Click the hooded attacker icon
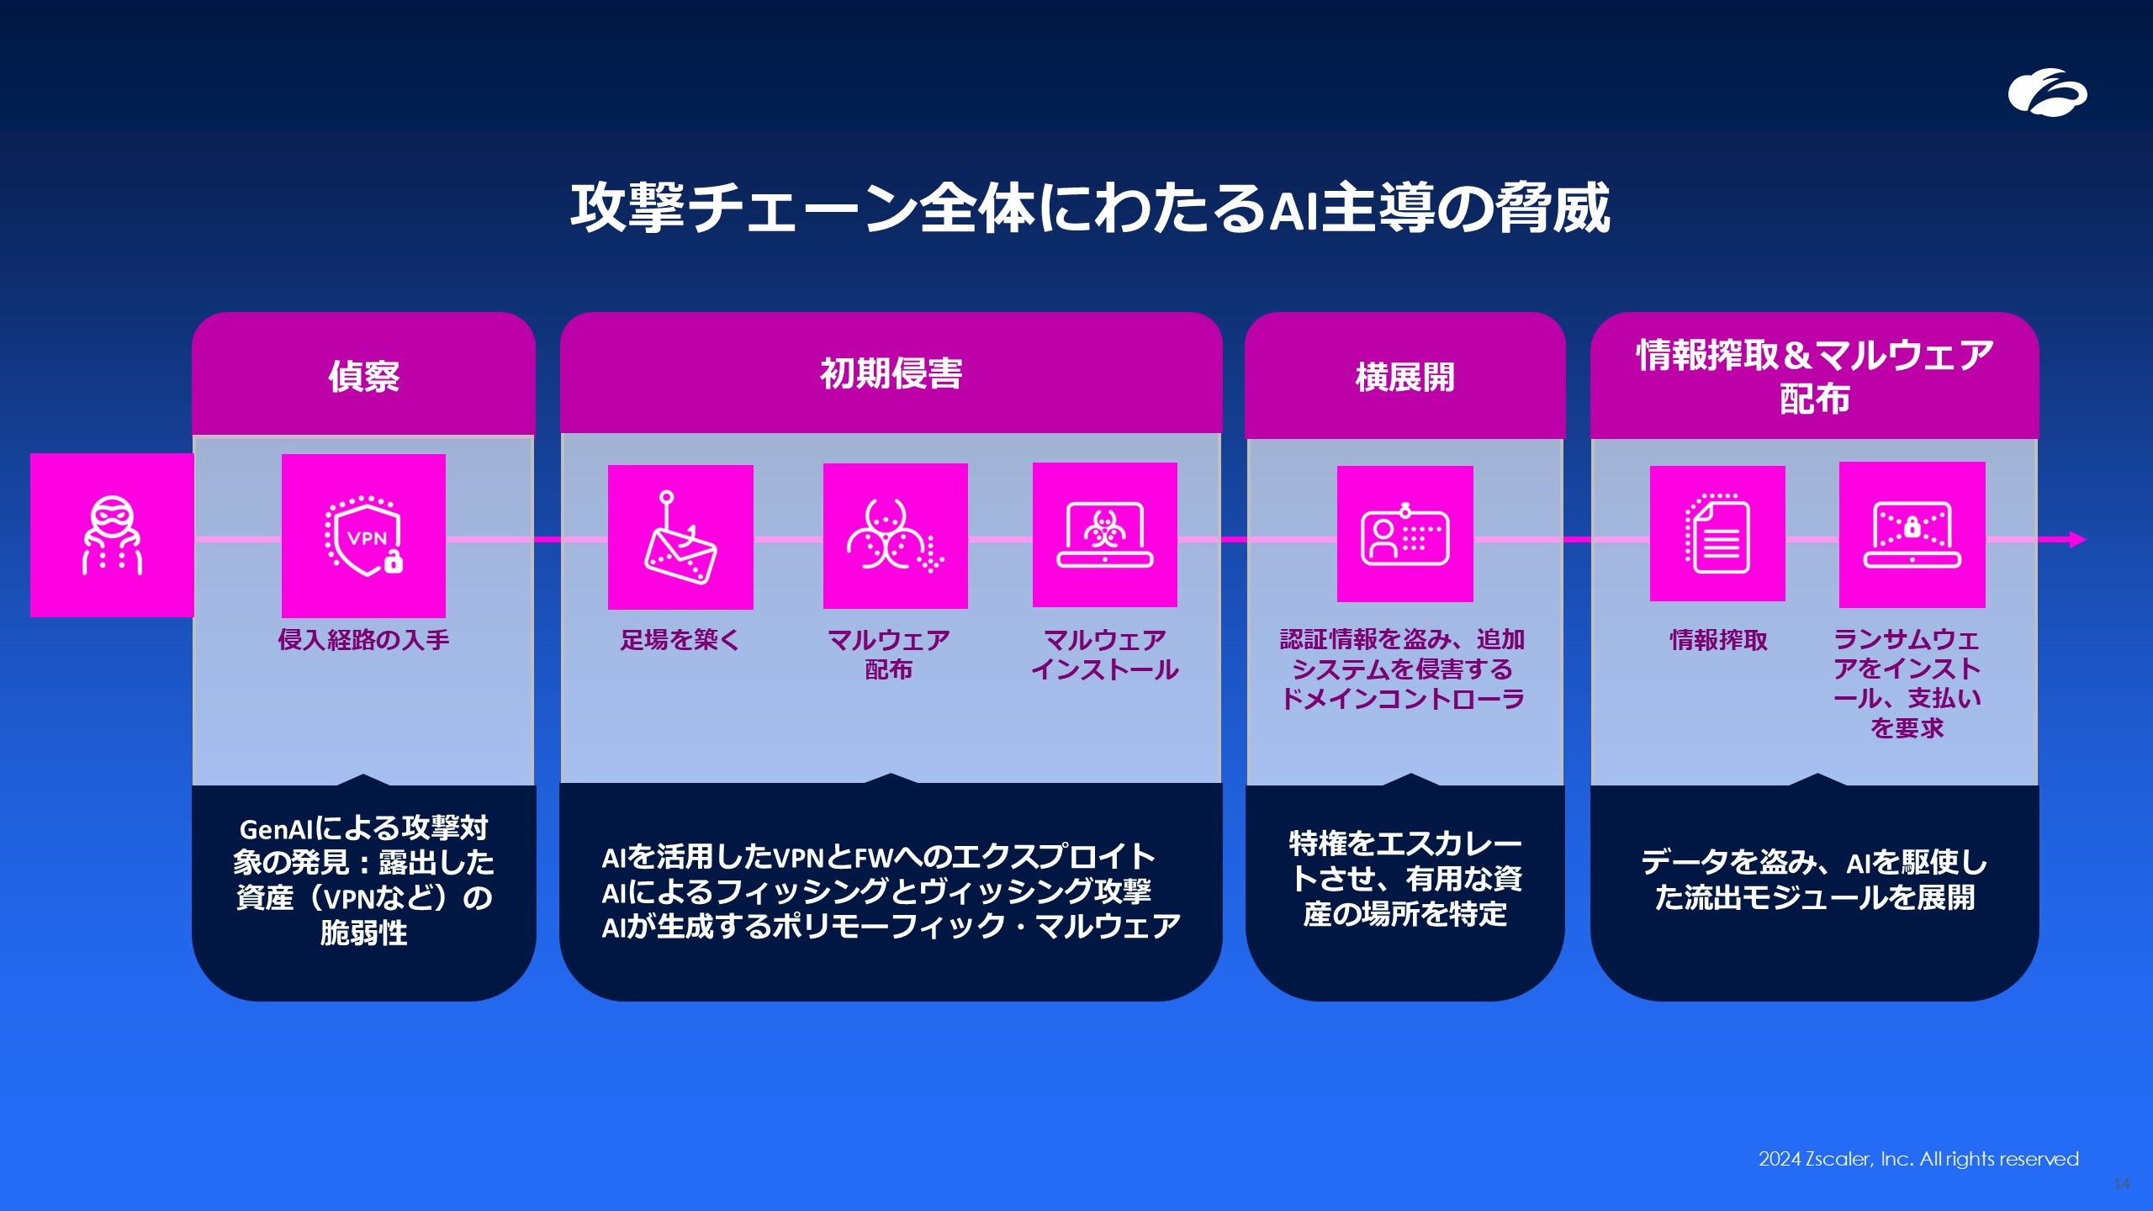click(x=112, y=535)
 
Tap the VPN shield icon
click(x=363, y=536)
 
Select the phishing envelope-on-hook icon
click(x=680, y=537)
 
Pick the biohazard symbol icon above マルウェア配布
click(x=895, y=536)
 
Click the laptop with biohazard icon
click(x=1105, y=535)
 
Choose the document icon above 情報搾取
click(x=1717, y=534)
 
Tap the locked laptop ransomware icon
click(x=1912, y=535)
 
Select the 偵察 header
click(x=363, y=376)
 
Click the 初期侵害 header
click(x=891, y=373)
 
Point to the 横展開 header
click(x=1404, y=377)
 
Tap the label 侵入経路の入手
click(x=363, y=640)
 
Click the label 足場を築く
click(x=680, y=640)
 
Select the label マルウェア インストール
click(x=1105, y=655)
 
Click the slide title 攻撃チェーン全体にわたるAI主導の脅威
click(x=1091, y=208)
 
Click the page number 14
click(x=2121, y=1183)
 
